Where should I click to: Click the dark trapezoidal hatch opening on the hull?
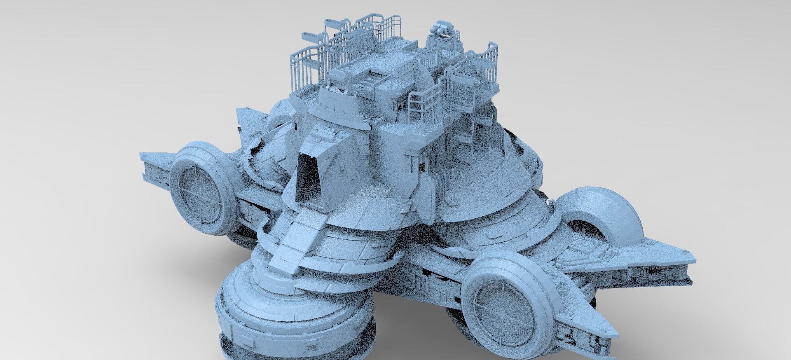pyautogui.click(x=308, y=178)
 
